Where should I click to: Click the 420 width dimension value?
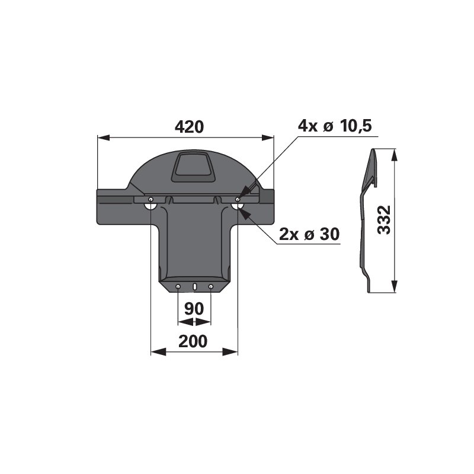click(x=189, y=127)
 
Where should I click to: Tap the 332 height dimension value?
click(x=385, y=220)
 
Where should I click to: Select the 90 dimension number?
click(x=194, y=309)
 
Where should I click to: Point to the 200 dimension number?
click(x=193, y=341)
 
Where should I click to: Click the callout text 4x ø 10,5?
click(x=335, y=126)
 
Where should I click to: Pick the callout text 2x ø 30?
click(x=309, y=234)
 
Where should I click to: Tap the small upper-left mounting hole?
click(x=151, y=199)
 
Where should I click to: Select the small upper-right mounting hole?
click(x=238, y=199)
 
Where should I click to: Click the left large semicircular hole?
click(x=151, y=206)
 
